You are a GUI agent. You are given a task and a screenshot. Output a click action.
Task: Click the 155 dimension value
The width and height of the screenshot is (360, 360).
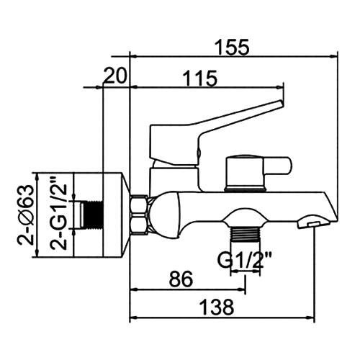point(232,48)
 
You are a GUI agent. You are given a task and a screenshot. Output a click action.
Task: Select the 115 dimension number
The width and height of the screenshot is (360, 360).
point(200,78)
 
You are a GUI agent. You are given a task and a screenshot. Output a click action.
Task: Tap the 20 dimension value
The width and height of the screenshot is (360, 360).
point(115,76)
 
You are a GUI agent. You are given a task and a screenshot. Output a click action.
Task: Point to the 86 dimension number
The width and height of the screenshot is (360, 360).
point(181,279)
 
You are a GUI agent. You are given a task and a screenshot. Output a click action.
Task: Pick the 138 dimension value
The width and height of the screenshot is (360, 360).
point(217,307)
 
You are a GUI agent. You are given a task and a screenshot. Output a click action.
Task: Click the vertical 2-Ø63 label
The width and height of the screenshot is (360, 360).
point(24,215)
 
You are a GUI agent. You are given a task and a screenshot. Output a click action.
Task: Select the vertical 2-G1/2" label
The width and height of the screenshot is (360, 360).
point(58,213)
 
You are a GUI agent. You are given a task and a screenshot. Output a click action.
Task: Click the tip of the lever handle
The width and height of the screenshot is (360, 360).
point(282,103)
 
